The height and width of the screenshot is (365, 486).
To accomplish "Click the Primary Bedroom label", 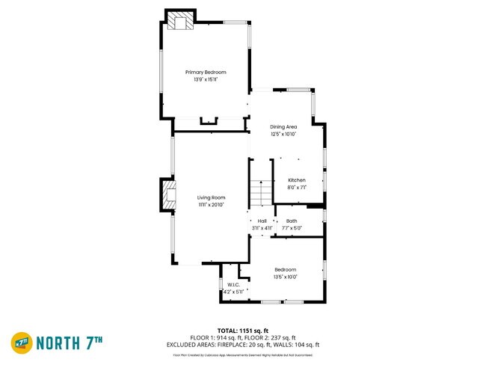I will click(x=206, y=72).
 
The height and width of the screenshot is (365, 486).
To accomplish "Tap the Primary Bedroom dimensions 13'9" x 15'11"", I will click(x=206, y=79).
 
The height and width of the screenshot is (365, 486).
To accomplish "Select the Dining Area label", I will click(x=283, y=127).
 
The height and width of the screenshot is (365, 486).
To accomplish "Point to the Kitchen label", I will click(x=297, y=180).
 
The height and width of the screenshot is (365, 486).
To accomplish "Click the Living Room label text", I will click(x=211, y=197).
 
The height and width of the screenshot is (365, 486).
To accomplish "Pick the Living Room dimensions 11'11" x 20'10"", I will click(x=211, y=205).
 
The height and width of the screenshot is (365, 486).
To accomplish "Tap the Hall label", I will click(x=262, y=221).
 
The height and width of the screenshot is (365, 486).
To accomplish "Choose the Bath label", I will click(x=291, y=221).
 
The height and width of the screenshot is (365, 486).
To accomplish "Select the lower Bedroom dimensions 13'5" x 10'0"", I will click(x=285, y=277).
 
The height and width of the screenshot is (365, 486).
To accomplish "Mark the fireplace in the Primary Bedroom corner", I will click(x=179, y=21).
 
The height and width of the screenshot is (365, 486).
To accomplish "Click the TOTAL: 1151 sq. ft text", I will click(x=243, y=330).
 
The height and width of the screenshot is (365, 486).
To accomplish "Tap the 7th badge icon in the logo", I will click(x=21, y=343).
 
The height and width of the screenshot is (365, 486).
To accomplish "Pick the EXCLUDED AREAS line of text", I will click(x=243, y=345).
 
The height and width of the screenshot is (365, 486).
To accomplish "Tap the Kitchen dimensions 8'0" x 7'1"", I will click(x=297, y=188).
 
